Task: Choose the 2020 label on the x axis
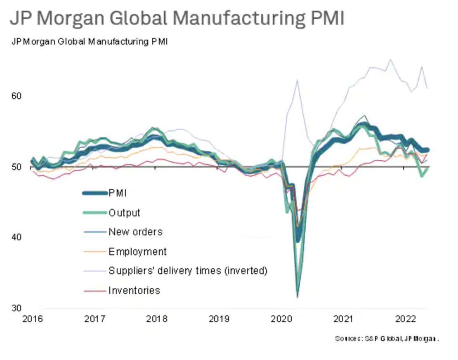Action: (x=281, y=319)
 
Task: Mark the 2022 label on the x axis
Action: (x=405, y=319)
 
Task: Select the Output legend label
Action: (x=124, y=213)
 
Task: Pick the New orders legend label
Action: (x=135, y=232)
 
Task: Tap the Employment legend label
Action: (x=137, y=251)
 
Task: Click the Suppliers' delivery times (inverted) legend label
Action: (x=188, y=271)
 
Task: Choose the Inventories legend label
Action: (x=134, y=290)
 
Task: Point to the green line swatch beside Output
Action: (x=94, y=213)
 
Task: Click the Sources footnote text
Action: (x=387, y=339)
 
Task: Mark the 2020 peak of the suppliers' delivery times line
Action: (x=297, y=80)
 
